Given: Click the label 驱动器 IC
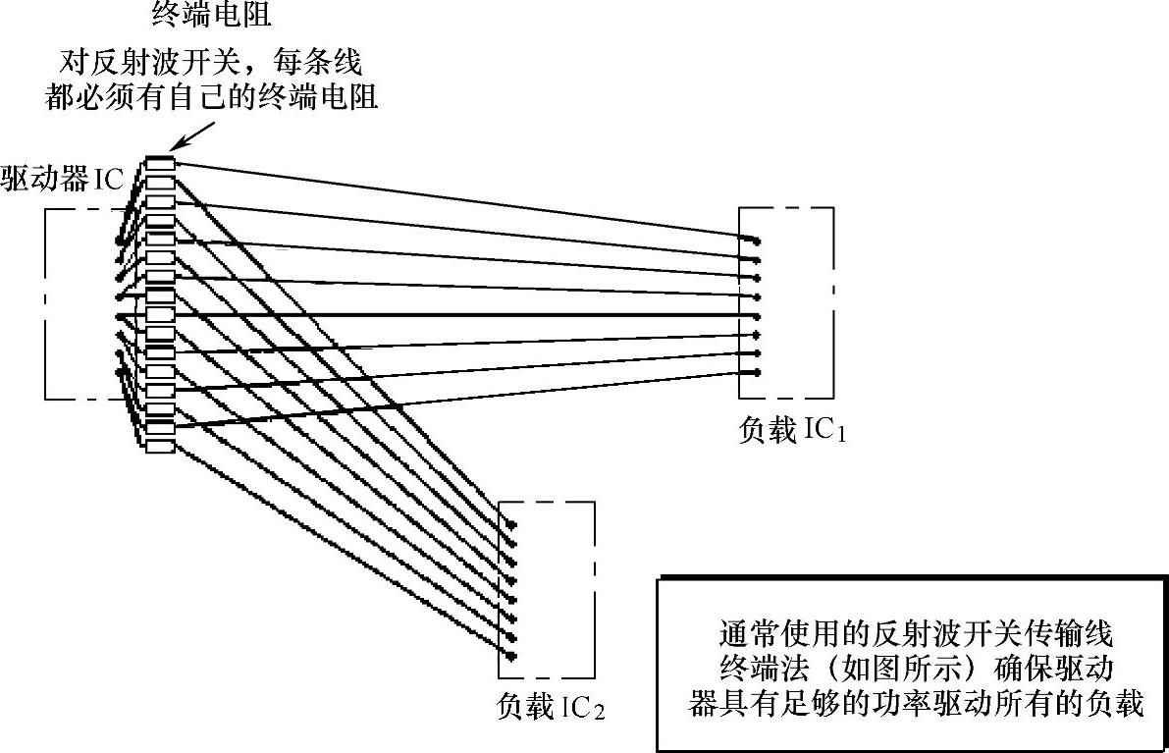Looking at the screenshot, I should pos(62,182).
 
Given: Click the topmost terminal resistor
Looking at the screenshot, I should pos(159,164).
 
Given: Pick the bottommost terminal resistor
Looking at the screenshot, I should pos(159,446).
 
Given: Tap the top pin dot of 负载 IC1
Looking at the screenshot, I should pos(757,241).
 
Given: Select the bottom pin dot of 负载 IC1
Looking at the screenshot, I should pos(757,372).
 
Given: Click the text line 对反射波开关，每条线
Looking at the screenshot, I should pos(207,65).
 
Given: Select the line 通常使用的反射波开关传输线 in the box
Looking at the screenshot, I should pos(913,629).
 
